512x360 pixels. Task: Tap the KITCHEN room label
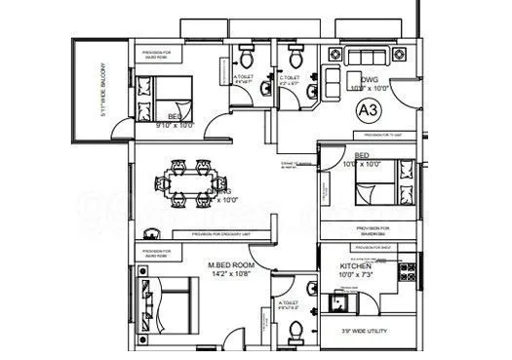point(355,266)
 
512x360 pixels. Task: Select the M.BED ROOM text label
point(232,264)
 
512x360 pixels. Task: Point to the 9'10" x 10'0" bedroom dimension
point(177,125)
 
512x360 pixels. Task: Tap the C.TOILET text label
point(288,77)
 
